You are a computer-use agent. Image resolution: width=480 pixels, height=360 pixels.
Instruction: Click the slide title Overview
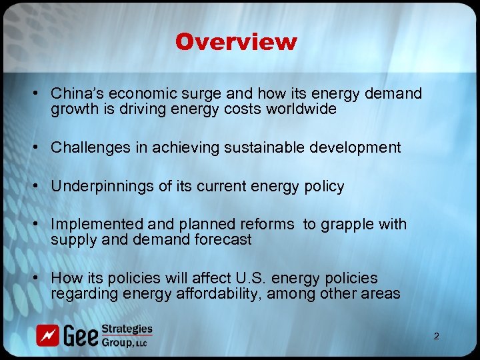coord(236,42)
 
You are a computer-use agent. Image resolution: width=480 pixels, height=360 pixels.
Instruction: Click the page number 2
coord(436,336)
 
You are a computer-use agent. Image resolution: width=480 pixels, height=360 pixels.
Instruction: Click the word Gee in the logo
coord(79,335)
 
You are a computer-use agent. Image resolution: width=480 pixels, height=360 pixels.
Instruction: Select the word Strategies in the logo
coord(127,329)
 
